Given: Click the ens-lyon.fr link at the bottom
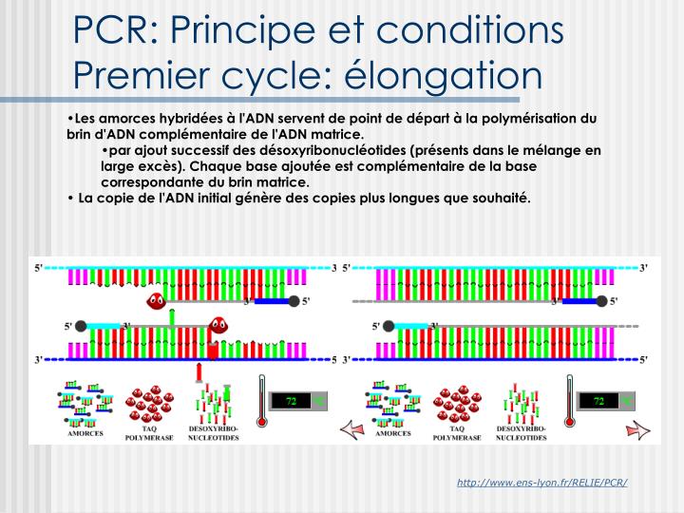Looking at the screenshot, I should tap(542, 483).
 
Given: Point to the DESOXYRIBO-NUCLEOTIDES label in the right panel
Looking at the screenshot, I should tap(522, 434).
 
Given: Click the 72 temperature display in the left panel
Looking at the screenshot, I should tap(293, 402).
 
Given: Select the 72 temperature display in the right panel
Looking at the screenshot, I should tap(599, 402).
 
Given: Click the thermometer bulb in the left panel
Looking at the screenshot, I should tap(258, 419).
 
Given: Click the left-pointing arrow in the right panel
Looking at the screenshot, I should tap(353, 429).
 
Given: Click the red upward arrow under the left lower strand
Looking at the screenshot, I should tap(199, 371).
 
